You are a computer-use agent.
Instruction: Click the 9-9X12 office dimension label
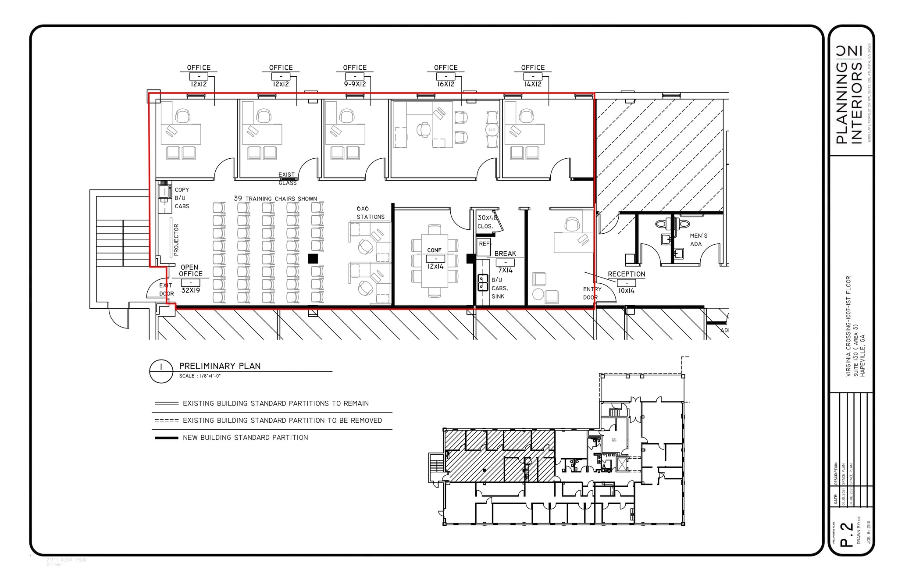[x=355, y=84]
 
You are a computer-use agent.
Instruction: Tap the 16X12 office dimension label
[x=445, y=84]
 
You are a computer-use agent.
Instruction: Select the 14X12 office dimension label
[x=533, y=84]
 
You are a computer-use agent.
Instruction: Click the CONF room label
[x=434, y=250]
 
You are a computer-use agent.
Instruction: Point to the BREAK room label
[x=505, y=253]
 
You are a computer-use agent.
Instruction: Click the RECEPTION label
[x=626, y=274]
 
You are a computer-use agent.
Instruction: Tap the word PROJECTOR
[x=176, y=240]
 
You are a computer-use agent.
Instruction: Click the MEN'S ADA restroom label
[x=698, y=239]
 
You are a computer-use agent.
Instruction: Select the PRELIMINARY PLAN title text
[x=220, y=366]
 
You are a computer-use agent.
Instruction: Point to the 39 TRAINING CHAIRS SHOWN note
[x=275, y=199]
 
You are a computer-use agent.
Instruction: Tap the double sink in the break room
[x=483, y=282]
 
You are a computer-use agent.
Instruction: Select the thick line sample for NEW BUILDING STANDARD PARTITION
[x=167, y=438]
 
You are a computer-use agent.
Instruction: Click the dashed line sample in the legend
[x=167, y=421]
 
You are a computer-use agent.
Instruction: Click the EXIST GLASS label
[x=287, y=178]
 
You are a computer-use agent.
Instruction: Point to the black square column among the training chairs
[x=313, y=258]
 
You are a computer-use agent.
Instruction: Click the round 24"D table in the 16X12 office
[x=492, y=130]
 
